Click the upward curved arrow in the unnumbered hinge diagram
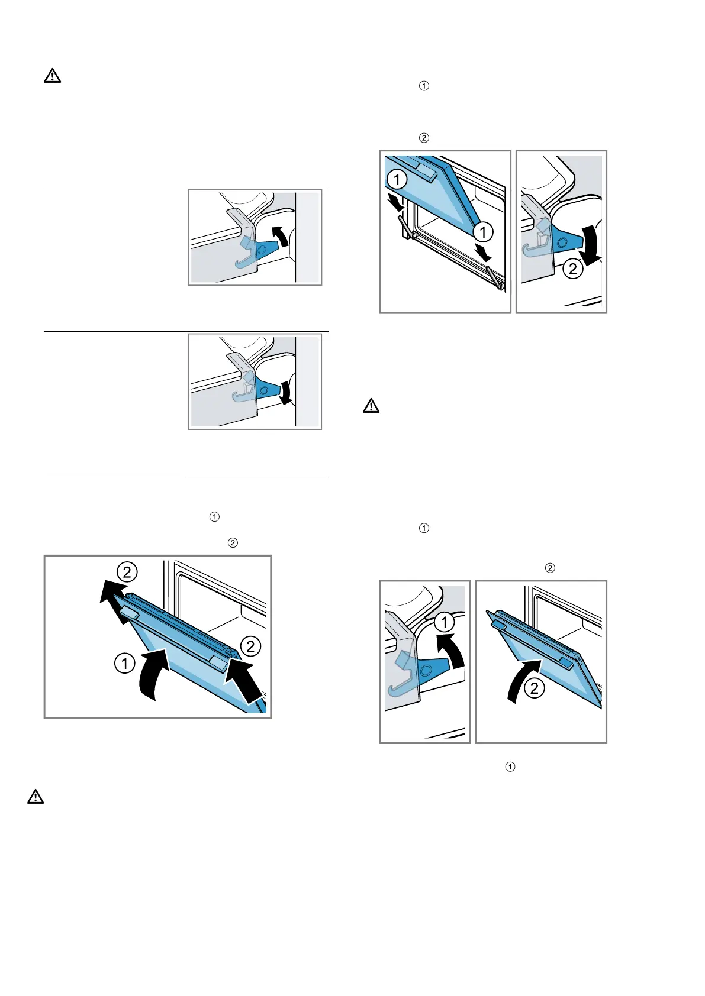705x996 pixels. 282,237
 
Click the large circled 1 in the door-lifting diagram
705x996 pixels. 124,663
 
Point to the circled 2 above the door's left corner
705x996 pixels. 127,571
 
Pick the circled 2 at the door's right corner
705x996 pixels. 251,646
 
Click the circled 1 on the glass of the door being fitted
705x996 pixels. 397,179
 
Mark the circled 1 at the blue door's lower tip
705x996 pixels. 483,232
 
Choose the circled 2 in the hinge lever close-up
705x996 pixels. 572,269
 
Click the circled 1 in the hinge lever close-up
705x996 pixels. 444,622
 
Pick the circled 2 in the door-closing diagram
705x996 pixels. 535,688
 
